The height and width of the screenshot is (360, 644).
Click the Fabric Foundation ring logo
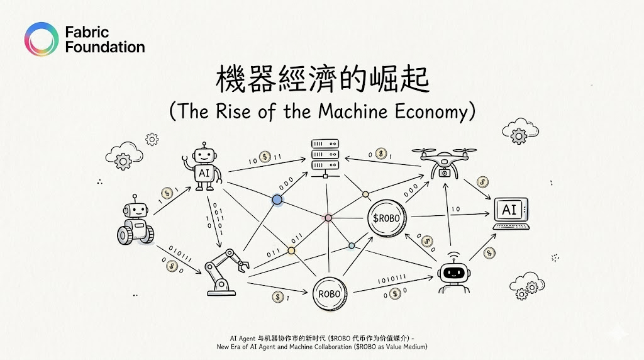pos(41,38)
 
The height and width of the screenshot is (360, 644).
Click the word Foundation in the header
pos(104,47)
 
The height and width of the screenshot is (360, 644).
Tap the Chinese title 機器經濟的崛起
pos(322,82)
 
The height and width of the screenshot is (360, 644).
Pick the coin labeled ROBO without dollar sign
pos(330,293)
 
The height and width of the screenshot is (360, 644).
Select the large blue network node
pos(277,200)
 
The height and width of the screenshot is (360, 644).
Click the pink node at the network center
pos(328,218)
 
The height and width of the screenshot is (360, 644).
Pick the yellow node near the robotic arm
pos(291,250)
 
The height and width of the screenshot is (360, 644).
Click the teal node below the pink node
pos(352,245)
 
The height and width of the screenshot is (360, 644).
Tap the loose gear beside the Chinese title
pos(152,138)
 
